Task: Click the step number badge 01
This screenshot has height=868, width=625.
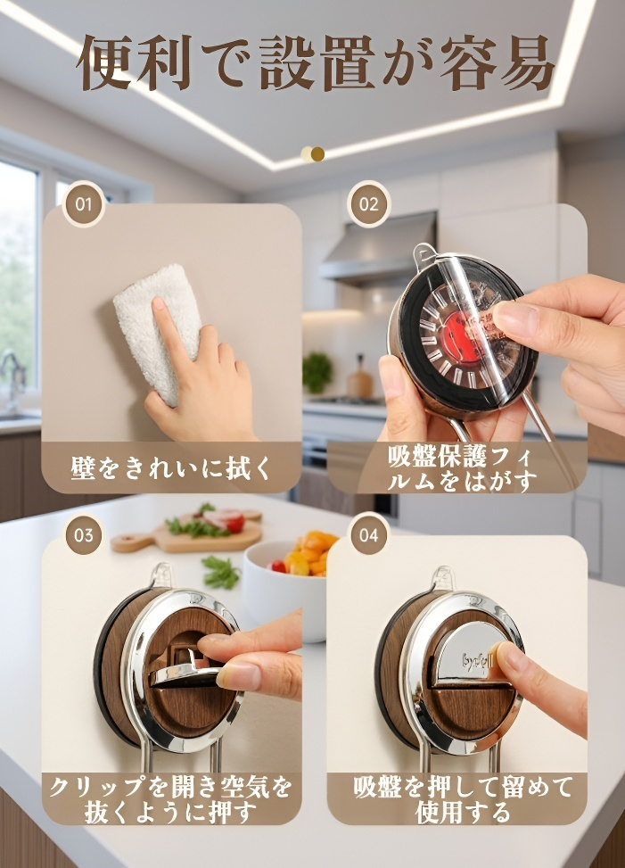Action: [x=83, y=204]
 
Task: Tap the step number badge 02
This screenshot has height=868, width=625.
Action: [x=369, y=204]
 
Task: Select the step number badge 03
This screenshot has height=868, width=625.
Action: [x=83, y=535]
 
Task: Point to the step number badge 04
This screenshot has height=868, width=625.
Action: [x=369, y=535]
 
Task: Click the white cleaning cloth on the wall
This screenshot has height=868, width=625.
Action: [x=158, y=330]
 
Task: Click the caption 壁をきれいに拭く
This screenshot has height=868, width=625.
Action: [x=171, y=467]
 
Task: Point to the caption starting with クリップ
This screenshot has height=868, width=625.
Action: [x=171, y=798]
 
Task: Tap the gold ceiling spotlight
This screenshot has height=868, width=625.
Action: [x=312, y=154]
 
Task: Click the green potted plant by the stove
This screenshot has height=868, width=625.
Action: [x=317, y=372]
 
